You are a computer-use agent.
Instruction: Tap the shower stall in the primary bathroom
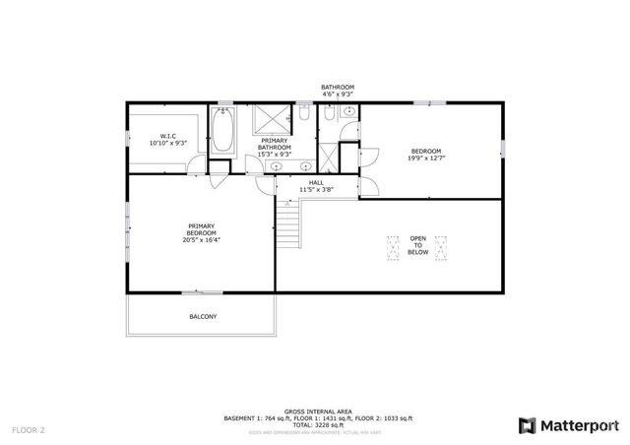269,120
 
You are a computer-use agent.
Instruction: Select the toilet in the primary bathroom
304,116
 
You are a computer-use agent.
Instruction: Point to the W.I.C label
167,136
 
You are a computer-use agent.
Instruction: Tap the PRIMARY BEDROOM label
201,227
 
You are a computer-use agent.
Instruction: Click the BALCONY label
203,316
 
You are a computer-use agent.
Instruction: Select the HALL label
315,182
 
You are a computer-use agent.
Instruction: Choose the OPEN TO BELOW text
418,245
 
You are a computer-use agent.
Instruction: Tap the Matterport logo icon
528,425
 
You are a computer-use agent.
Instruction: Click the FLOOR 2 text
29,430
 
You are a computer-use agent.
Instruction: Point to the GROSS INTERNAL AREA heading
315,412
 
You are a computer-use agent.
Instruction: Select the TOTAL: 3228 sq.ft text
315,425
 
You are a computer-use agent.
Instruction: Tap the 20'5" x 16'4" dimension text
201,239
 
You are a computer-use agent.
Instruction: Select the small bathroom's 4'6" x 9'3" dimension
337,95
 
